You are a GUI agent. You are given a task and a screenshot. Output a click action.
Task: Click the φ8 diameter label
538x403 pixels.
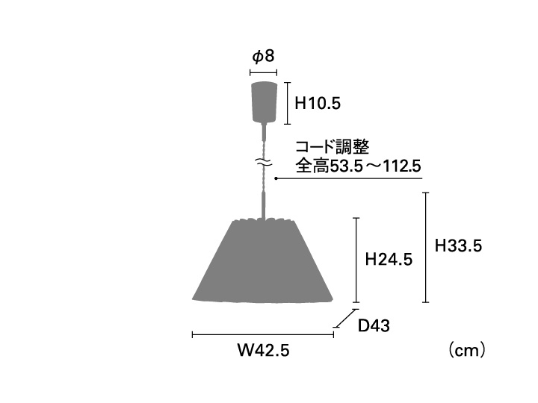(264, 57)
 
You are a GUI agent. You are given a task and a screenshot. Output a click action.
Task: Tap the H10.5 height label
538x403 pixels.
(318, 103)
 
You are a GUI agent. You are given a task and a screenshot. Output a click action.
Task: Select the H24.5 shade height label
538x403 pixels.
(389, 260)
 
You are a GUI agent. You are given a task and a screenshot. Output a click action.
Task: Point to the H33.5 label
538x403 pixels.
(458, 246)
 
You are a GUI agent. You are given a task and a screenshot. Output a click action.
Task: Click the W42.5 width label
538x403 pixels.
(264, 350)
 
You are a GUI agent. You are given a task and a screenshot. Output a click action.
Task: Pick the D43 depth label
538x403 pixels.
(374, 325)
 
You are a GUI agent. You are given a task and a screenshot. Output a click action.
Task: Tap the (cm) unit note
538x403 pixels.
(467, 350)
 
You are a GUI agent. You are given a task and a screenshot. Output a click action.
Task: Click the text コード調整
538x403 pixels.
(332, 147)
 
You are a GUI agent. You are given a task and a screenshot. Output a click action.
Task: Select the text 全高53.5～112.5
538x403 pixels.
(358, 166)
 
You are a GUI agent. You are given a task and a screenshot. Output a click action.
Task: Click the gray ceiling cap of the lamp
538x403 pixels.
(264, 101)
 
